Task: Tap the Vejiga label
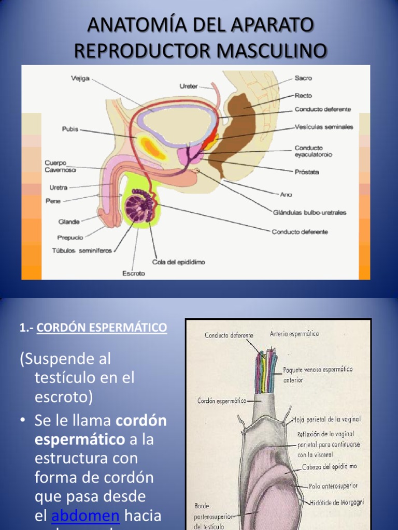click(80, 79)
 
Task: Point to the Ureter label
click(188, 86)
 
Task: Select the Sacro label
click(303, 78)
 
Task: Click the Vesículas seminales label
click(324, 127)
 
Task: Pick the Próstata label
click(307, 171)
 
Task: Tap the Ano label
click(286, 195)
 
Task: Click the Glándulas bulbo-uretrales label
click(309, 212)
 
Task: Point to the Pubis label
click(70, 129)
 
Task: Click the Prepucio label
click(70, 238)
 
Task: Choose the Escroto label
click(134, 273)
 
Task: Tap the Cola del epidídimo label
click(179, 262)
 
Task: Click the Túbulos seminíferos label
click(82, 251)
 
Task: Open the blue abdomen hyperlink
click(86, 516)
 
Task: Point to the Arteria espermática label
click(294, 334)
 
